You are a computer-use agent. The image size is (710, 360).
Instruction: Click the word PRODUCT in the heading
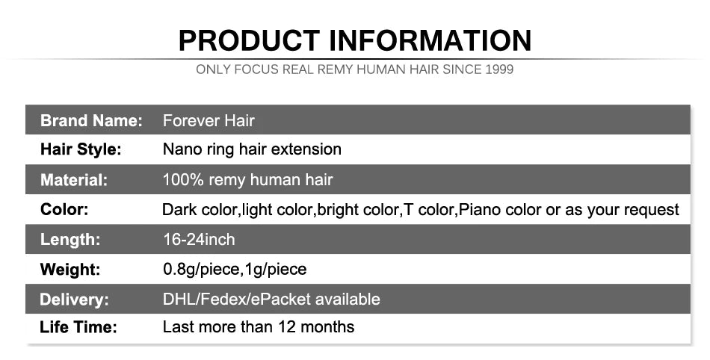click(248, 40)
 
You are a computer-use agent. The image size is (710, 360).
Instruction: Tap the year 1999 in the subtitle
click(498, 70)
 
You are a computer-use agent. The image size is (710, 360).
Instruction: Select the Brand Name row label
click(91, 120)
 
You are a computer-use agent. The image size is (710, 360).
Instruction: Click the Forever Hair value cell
click(209, 120)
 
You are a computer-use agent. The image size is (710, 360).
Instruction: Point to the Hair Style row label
click(80, 149)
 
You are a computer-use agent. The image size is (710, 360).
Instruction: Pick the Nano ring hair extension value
click(252, 149)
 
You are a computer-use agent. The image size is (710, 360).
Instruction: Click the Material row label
click(74, 180)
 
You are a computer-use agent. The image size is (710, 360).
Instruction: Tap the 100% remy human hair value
click(247, 180)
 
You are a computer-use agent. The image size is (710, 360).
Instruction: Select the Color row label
click(64, 210)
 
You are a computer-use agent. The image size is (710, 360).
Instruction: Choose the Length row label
click(70, 240)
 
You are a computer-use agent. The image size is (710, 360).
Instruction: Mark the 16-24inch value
click(199, 240)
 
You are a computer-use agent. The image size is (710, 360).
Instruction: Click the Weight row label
click(70, 269)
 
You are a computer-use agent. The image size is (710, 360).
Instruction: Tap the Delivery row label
click(74, 300)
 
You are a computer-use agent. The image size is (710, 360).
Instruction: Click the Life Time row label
click(78, 327)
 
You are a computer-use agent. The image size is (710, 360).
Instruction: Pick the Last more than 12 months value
click(259, 326)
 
